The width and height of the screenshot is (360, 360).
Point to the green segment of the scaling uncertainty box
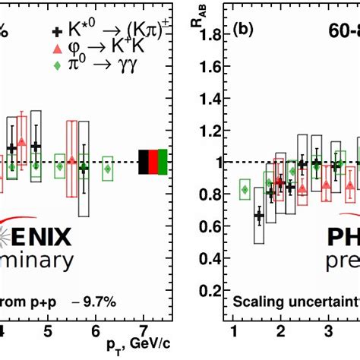point(163,162)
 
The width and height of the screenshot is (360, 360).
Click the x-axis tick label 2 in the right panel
point(280,331)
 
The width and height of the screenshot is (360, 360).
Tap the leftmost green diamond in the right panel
point(245,189)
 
